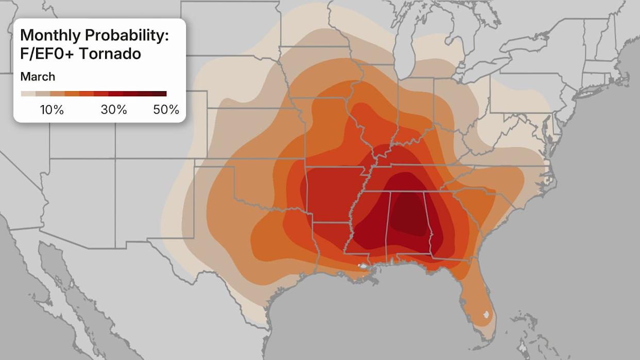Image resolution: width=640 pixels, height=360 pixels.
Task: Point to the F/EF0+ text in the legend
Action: pyautogui.click(x=46, y=53)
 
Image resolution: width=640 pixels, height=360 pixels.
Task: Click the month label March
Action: pyautogui.click(x=38, y=77)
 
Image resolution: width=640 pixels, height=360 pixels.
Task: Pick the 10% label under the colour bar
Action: pyautogui.click(x=52, y=110)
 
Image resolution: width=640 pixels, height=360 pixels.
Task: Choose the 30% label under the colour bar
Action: pyautogui.click(x=114, y=110)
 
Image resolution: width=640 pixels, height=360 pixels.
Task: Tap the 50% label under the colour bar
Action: pyautogui.click(x=166, y=110)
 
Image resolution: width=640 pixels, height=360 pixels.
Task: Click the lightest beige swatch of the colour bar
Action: pyautogui.click(x=28, y=94)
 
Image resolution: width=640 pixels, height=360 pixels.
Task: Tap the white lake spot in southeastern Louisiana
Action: pyautogui.click(x=364, y=267)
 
